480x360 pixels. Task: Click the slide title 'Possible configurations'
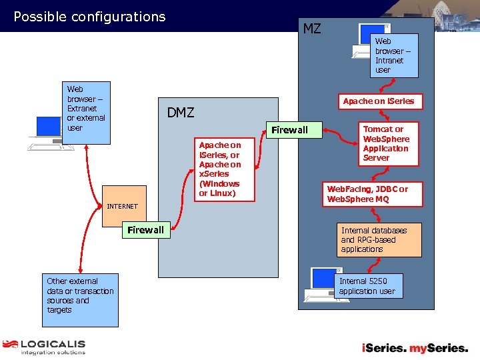coord(89,17)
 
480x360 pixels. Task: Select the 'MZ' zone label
coord(311,29)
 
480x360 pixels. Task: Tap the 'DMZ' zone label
coord(180,113)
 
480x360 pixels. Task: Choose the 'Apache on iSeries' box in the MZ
coord(378,101)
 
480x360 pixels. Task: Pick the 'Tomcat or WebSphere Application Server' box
coord(385,143)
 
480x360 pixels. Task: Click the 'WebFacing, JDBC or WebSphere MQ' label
coord(367,194)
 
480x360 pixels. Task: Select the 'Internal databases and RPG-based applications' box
coord(379,240)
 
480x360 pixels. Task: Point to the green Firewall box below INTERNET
coord(145,230)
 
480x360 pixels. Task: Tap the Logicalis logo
coord(44,347)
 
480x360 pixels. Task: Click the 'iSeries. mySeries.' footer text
coord(414,347)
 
